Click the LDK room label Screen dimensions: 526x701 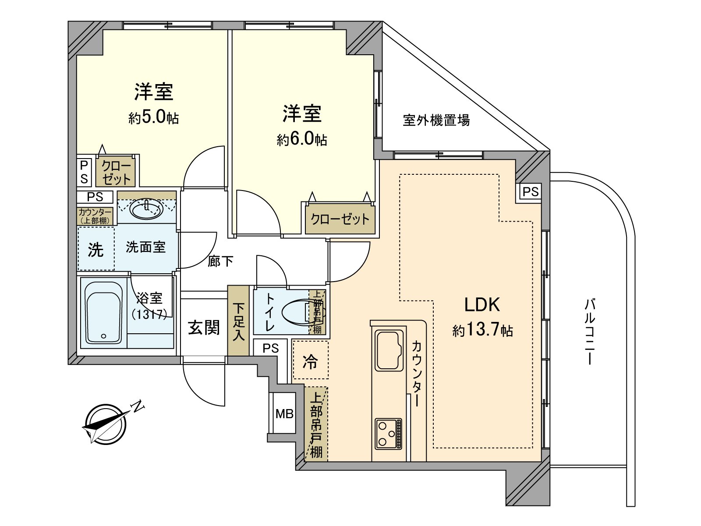pyautogui.click(x=482, y=304)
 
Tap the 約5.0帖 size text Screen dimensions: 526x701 pyautogui.click(x=153, y=117)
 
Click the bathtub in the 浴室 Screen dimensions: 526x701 pyautogui.click(x=104, y=312)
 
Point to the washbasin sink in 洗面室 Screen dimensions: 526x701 pyautogui.click(x=147, y=209)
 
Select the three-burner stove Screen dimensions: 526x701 pyautogui.click(x=388, y=433)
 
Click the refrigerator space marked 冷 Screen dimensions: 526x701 pyautogui.click(x=310, y=360)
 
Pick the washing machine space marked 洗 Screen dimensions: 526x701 pyautogui.click(x=96, y=249)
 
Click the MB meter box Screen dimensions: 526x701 pyautogui.click(x=284, y=413)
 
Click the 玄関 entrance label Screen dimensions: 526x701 pyautogui.click(x=204, y=327)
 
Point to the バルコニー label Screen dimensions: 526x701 pyautogui.click(x=589, y=332)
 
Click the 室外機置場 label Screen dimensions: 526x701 pyautogui.click(x=436, y=120)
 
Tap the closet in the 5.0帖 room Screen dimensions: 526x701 pyautogui.click(x=116, y=172)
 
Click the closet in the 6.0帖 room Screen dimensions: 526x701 pyautogui.click(x=340, y=219)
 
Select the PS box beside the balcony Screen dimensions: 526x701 pyautogui.click(x=530, y=192)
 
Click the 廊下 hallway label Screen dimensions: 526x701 pyautogui.click(x=220, y=261)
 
